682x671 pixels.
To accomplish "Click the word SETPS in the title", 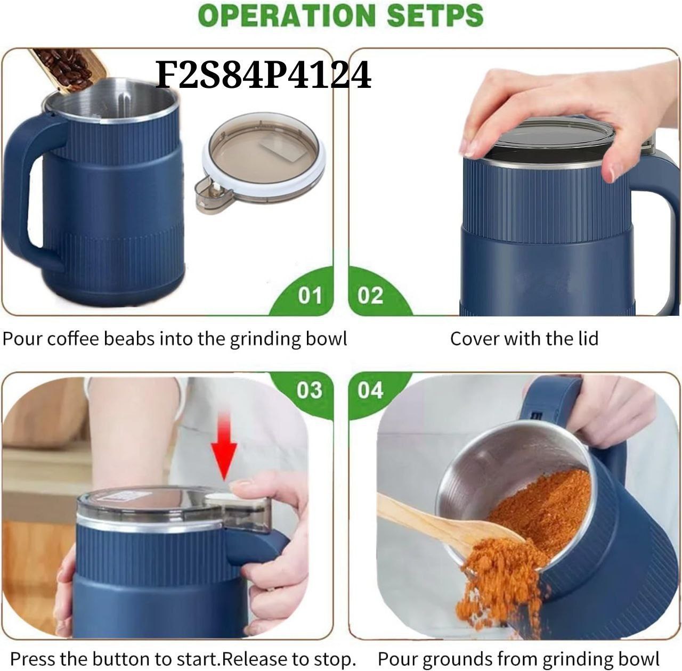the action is pyautogui.click(x=435, y=15).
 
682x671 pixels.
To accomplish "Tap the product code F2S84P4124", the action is pyautogui.click(x=263, y=75).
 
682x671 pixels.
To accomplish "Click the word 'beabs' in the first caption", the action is pyautogui.click(x=129, y=338).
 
